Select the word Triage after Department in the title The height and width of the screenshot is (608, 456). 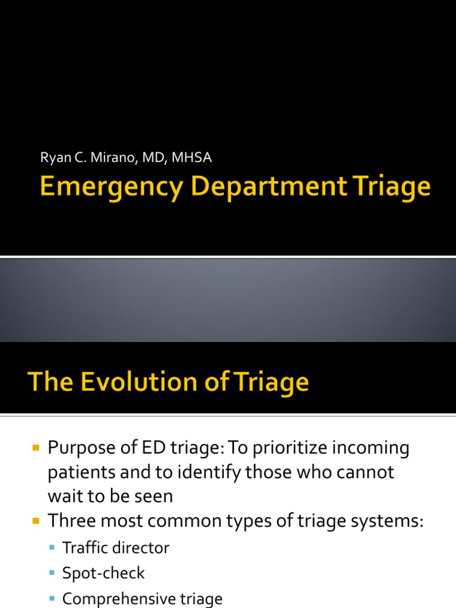point(389,188)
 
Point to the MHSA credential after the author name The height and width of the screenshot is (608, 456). point(192,158)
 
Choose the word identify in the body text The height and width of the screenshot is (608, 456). point(193,473)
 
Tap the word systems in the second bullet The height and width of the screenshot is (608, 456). point(387,521)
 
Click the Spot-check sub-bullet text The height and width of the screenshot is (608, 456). point(103,573)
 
